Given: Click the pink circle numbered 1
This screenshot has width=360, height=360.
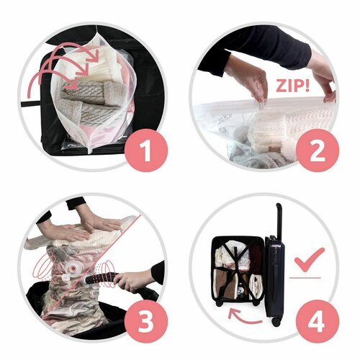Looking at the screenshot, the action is [x=146, y=150].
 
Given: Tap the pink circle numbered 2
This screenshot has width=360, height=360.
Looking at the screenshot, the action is [x=318, y=151].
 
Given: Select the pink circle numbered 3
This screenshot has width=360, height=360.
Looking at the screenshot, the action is [x=146, y=322].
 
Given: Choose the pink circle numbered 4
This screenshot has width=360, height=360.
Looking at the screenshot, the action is [x=318, y=322].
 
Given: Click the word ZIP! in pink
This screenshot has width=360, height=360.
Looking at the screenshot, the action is [x=292, y=85].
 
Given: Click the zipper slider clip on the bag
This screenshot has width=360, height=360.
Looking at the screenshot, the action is [x=261, y=105].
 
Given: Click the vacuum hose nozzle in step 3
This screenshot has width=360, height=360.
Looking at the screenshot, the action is [x=101, y=279].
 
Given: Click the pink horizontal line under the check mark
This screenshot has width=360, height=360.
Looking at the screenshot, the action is [x=305, y=277].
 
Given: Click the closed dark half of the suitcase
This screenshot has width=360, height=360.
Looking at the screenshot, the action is [x=274, y=276].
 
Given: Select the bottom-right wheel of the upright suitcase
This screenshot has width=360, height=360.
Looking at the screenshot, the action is [x=276, y=322].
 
